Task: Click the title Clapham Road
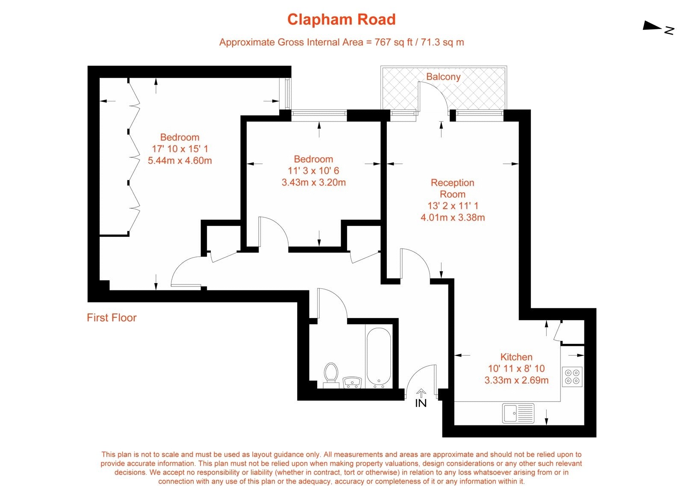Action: click(341, 20)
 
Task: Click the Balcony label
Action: click(443, 77)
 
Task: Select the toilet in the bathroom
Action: click(331, 375)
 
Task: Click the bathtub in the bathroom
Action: click(378, 357)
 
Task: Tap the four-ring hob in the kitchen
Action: click(572, 376)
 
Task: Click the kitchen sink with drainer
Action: click(518, 413)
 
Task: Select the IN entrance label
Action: click(421, 403)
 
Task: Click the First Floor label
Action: click(112, 318)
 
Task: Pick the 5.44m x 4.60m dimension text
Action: click(180, 161)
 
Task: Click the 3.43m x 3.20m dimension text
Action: click(313, 183)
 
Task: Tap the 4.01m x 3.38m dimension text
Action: click(452, 217)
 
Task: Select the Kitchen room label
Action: click(516, 357)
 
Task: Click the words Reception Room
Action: click(452, 188)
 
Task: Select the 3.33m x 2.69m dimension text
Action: click(516, 380)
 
